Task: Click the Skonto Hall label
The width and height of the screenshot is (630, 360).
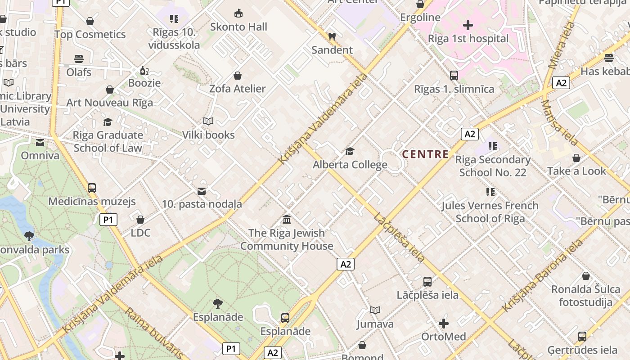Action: click(238, 27)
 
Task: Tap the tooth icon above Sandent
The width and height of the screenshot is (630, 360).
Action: click(332, 37)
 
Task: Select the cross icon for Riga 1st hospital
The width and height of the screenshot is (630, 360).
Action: click(468, 25)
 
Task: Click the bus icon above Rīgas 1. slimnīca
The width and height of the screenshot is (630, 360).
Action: click(454, 76)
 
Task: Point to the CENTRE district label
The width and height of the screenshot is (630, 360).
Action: click(425, 154)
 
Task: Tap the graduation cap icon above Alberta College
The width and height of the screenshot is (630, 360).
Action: click(350, 152)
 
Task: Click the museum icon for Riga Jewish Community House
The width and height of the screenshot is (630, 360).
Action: click(286, 220)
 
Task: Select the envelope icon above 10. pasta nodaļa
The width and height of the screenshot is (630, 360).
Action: click(202, 191)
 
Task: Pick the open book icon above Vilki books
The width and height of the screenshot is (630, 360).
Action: click(208, 121)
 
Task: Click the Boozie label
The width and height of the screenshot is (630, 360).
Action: click(144, 83)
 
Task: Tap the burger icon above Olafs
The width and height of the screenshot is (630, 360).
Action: click(79, 59)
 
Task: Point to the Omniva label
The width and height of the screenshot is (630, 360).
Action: click(40, 156)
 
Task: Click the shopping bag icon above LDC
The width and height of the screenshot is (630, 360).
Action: click(140, 220)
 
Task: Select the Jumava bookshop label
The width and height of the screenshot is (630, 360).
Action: click(375, 324)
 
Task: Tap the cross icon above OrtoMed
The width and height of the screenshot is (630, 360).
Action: click(444, 324)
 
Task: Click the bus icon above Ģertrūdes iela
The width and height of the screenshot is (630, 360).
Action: click(582, 336)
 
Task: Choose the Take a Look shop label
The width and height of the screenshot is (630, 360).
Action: click(576, 171)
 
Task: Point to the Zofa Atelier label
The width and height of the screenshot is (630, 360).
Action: click(238, 89)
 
